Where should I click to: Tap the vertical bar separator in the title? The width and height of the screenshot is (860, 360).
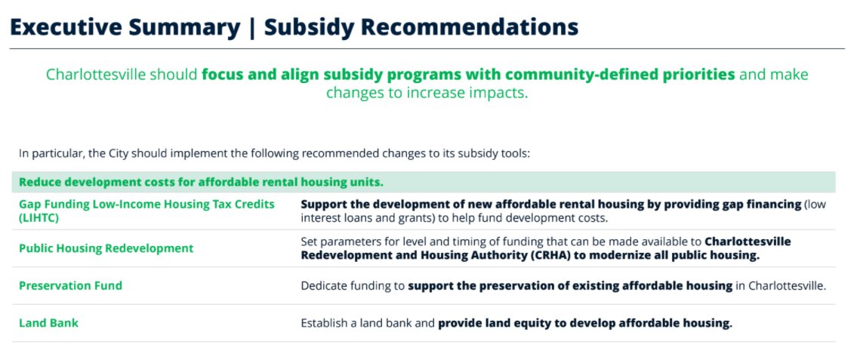(253, 27)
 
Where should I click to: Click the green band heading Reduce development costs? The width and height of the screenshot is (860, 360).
(201, 182)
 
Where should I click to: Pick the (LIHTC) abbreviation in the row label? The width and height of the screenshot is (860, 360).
(39, 217)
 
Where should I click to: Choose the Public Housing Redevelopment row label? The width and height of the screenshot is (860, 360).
(106, 248)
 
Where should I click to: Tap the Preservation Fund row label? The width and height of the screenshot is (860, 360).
(70, 286)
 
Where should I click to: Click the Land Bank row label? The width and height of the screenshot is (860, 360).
(48, 323)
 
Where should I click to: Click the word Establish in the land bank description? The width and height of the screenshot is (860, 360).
(327, 323)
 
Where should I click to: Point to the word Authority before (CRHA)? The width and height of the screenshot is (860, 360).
(460, 255)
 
